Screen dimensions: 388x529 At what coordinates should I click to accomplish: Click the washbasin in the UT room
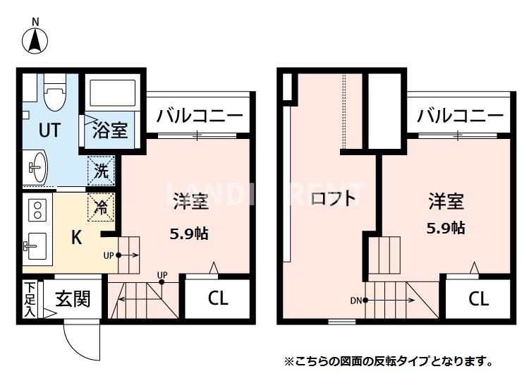(x=36, y=166)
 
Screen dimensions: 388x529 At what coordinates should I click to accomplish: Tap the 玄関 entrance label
(x=73, y=299)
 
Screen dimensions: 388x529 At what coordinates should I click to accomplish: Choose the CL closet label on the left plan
(x=218, y=298)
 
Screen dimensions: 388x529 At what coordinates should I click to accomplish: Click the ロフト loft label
(x=334, y=198)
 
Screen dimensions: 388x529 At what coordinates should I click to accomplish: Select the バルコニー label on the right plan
(x=459, y=115)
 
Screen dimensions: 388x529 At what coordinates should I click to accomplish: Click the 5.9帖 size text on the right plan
(x=446, y=228)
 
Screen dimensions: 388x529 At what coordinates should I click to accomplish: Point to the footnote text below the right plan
(x=389, y=361)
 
